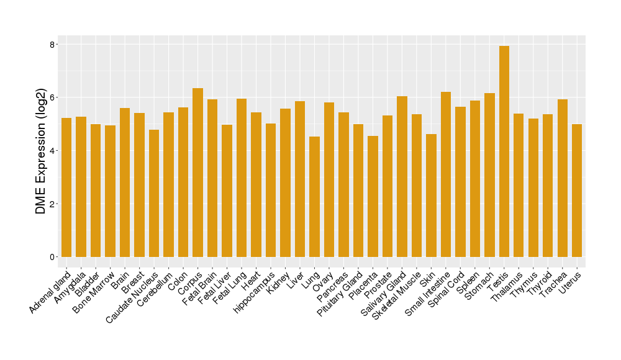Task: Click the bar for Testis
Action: click(x=504, y=151)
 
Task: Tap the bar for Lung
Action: click(x=314, y=197)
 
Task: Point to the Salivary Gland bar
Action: click(x=402, y=176)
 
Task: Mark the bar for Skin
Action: click(x=431, y=196)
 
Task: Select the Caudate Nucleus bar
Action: click(x=154, y=193)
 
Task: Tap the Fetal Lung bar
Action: click(x=242, y=178)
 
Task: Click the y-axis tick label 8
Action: click(x=53, y=45)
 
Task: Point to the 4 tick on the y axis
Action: click(x=53, y=151)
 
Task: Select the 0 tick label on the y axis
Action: click(x=53, y=257)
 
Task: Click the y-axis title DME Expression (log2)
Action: click(x=41, y=151)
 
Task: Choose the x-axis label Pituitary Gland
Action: click(x=340, y=294)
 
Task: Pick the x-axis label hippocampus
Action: click(x=255, y=292)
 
